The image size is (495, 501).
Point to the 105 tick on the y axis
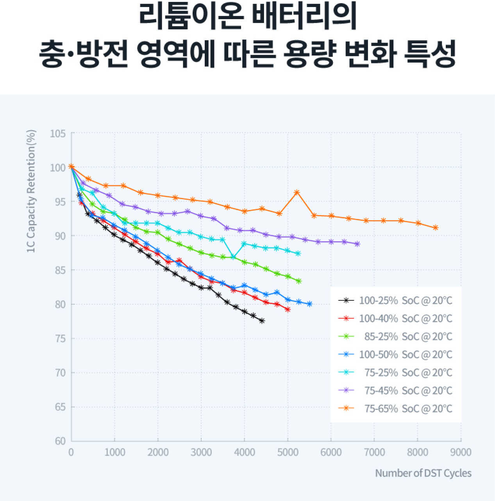(x=58, y=134)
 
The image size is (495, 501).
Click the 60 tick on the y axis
(x=60, y=441)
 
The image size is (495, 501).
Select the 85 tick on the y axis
(x=60, y=270)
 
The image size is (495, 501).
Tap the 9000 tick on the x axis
(x=461, y=453)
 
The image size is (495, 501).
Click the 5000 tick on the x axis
(x=288, y=453)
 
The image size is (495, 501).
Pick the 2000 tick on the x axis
(x=158, y=453)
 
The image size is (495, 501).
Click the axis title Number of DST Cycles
(x=423, y=473)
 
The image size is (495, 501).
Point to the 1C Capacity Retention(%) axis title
(x=31, y=191)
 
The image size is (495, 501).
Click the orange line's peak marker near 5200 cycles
(x=297, y=192)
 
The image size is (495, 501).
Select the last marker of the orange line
(x=435, y=228)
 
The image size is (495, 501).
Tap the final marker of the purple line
(x=357, y=244)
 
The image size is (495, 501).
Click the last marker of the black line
(x=262, y=321)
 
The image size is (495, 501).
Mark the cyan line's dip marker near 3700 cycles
(x=233, y=257)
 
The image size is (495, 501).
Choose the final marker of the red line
(x=288, y=309)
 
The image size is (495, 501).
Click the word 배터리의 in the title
(x=304, y=18)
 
